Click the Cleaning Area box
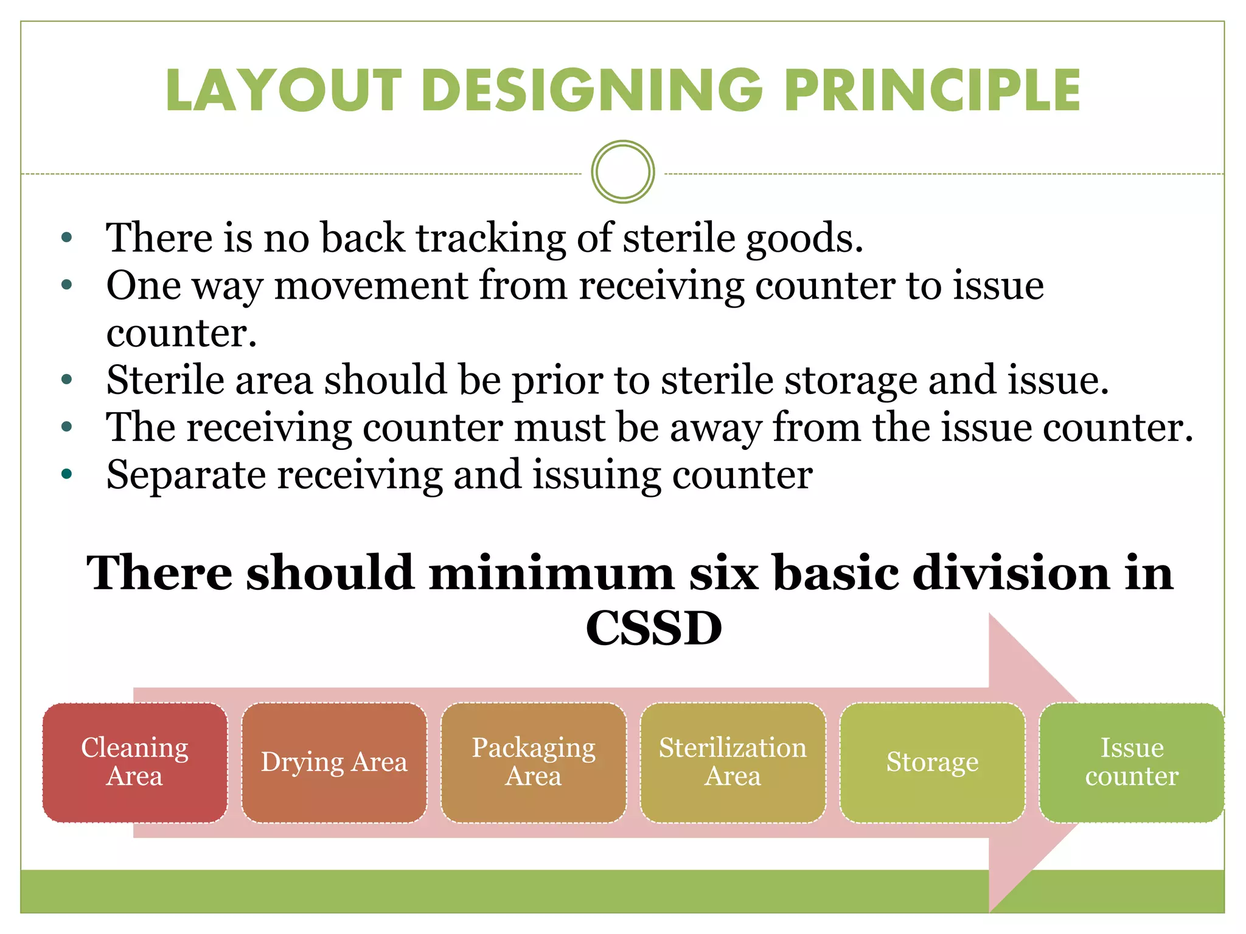(x=134, y=763)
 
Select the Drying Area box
(x=334, y=763)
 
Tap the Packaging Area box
(x=534, y=763)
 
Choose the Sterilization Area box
(x=733, y=763)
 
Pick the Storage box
(x=932, y=763)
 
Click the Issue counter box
(x=1132, y=763)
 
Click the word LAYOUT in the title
(x=284, y=91)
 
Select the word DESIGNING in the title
(x=592, y=91)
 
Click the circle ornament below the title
(x=622, y=172)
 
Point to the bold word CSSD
(x=653, y=628)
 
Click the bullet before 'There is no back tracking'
(x=67, y=238)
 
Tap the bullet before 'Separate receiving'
(x=67, y=474)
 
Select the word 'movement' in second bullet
(x=371, y=285)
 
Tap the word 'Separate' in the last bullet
(x=186, y=474)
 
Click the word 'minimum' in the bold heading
(x=551, y=573)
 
